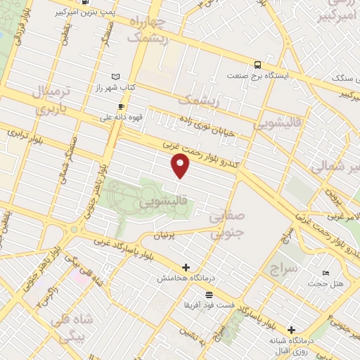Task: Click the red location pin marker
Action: click(181, 166)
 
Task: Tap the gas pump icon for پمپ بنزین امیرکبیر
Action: click(85, 2)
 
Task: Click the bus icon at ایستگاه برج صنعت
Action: click(257, 62)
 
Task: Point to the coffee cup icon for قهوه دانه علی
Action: click(121, 107)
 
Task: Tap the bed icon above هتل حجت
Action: click(325, 273)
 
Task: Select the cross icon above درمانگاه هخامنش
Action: click(186, 267)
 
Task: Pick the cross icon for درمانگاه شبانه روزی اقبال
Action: click(292, 329)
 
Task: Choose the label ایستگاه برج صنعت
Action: click(258, 74)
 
